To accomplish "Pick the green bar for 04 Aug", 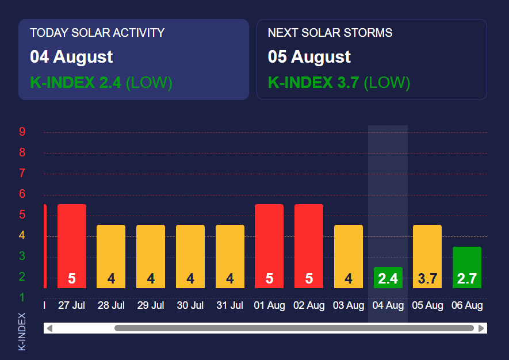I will click(x=388, y=278).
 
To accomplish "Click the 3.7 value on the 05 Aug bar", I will click(x=427, y=279).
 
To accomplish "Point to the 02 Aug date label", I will click(x=309, y=305).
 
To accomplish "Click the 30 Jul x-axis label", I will click(x=190, y=305).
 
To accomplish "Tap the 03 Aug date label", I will click(x=349, y=305).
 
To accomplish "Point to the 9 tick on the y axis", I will click(x=22, y=132).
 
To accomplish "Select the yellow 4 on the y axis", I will click(x=22, y=235).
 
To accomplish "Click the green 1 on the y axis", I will click(x=22, y=297).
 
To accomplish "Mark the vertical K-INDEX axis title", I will click(x=22, y=331).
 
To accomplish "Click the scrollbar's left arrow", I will click(x=49, y=328).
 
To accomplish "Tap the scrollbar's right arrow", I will click(x=481, y=328).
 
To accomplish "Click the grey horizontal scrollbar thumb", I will click(x=294, y=328).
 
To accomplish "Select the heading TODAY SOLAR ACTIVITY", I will click(x=97, y=33).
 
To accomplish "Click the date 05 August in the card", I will click(x=309, y=57).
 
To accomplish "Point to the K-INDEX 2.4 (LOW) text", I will click(x=101, y=83).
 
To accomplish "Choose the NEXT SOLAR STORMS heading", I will click(x=330, y=33).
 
